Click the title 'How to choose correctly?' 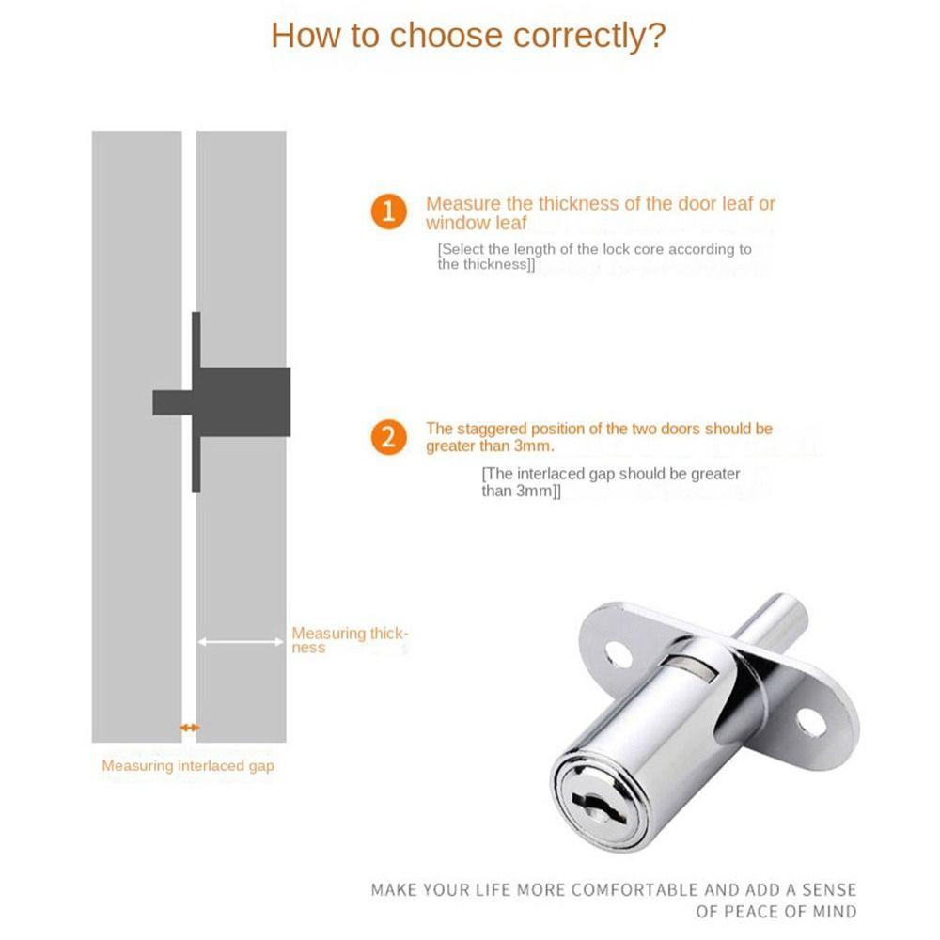[x=468, y=36]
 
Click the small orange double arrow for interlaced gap [x=190, y=728]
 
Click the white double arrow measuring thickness [x=241, y=642]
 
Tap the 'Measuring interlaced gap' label [x=188, y=766]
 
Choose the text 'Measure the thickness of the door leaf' [x=601, y=204]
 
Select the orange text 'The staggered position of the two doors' [x=599, y=429]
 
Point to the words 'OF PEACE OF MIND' [x=776, y=911]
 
